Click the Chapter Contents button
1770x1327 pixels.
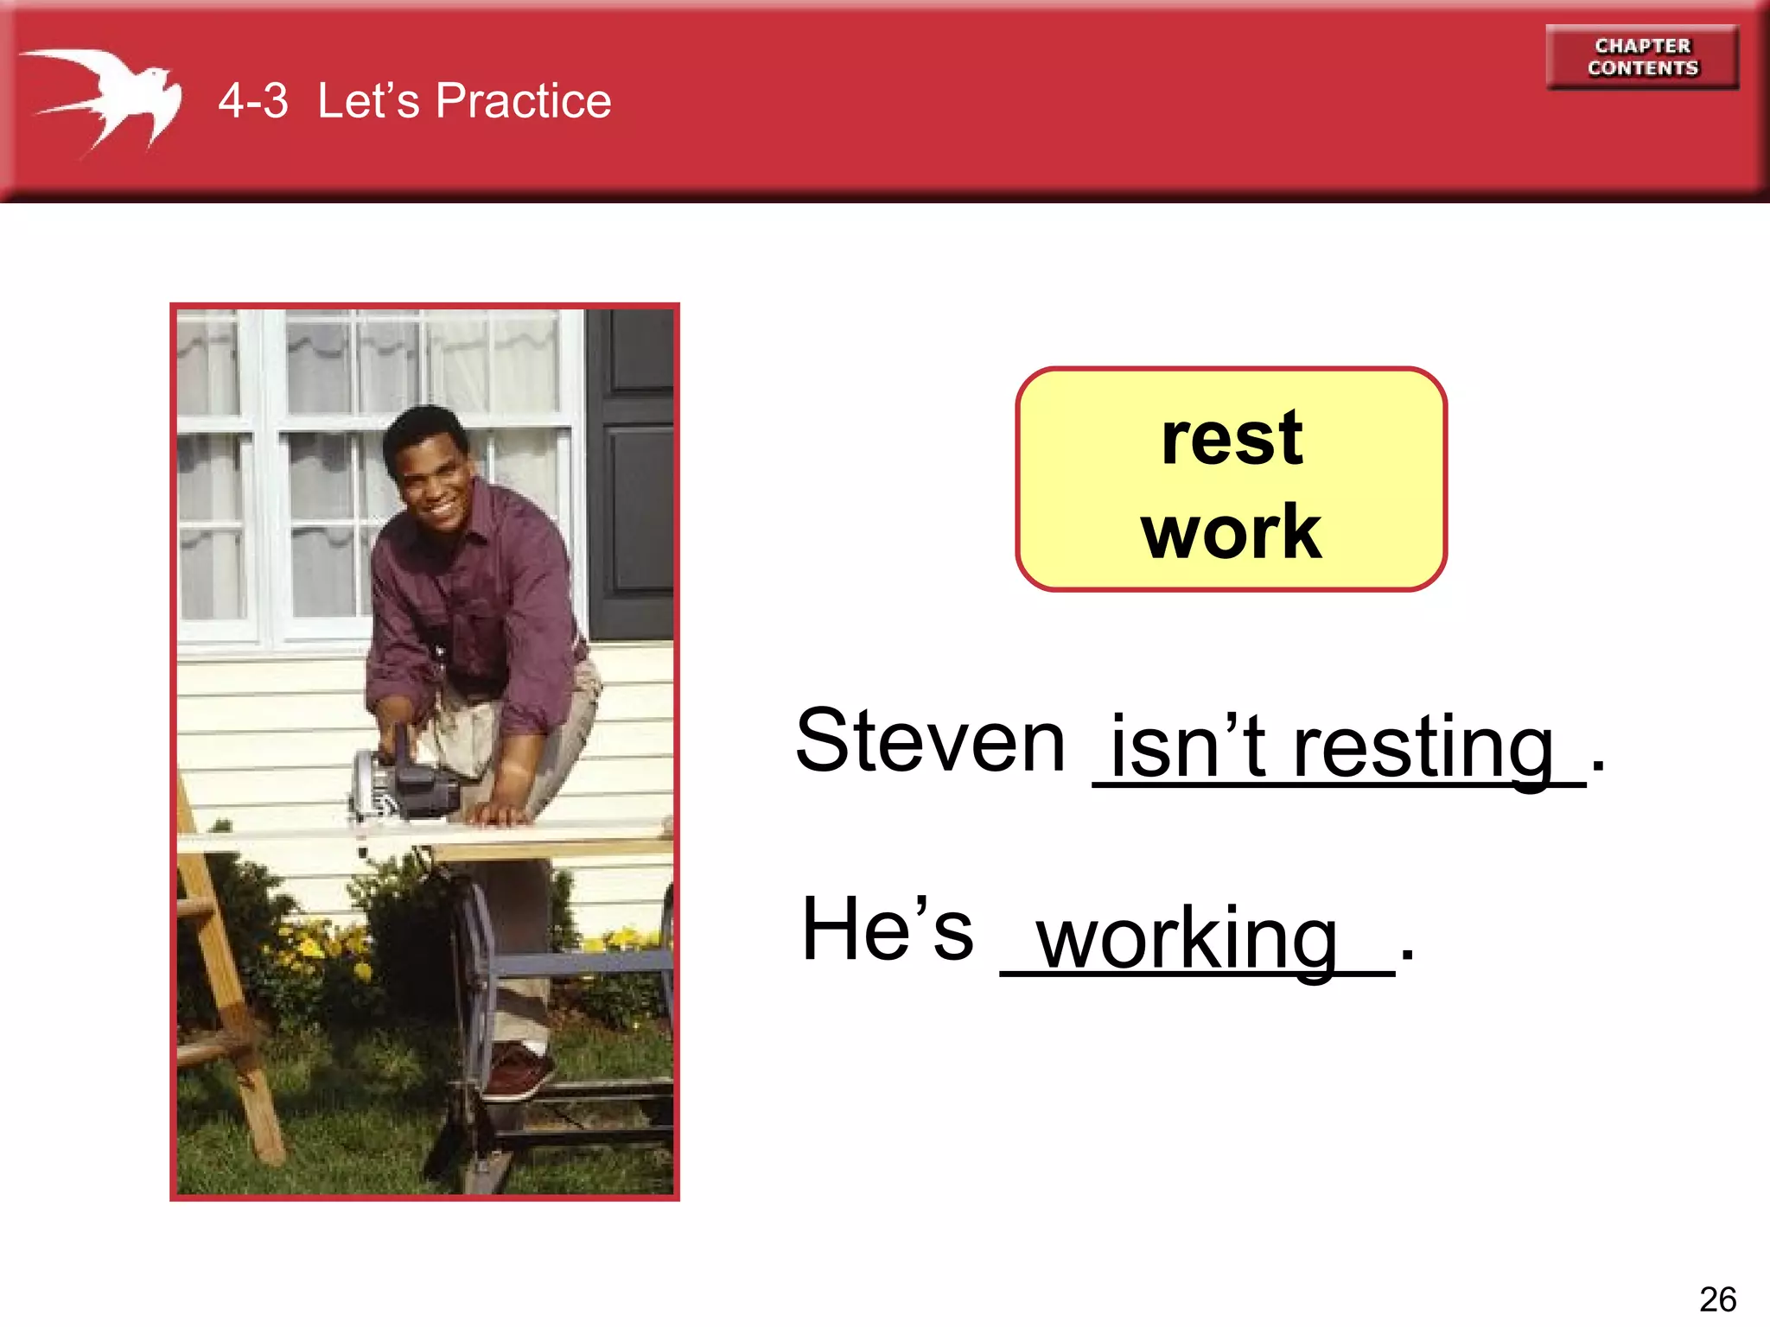coord(1642,57)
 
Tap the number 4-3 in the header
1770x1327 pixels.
coord(252,101)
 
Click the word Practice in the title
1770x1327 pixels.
coord(523,101)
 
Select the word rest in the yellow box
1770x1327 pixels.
coord(1232,439)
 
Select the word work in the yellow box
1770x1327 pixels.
coord(1231,532)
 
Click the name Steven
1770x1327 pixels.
coord(930,740)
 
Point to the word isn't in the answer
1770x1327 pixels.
coord(1187,747)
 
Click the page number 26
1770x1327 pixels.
coord(1716,1298)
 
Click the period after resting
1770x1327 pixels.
coord(1598,765)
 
